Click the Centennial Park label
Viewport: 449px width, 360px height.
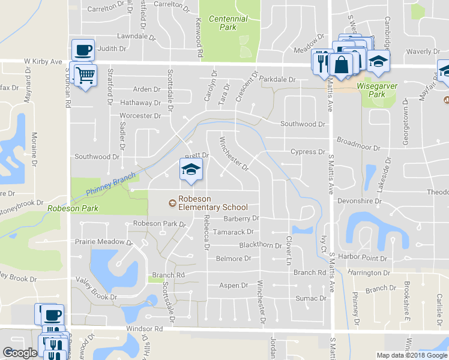(x=228, y=23)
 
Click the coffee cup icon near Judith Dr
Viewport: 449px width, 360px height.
(x=83, y=49)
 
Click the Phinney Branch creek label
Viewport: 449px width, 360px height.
(x=112, y=184)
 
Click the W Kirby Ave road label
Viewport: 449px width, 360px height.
(x=43, y=61)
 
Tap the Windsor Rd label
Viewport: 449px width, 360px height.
(x=145, y=329)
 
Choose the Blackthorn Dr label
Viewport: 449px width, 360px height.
(x=261, y=245)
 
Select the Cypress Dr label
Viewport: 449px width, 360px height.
(x=308, y=152)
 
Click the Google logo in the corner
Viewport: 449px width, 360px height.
(x=20, y=353)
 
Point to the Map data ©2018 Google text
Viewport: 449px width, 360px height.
(x=412, y=355)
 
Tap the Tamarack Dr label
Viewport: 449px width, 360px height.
(x=234, y=232)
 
